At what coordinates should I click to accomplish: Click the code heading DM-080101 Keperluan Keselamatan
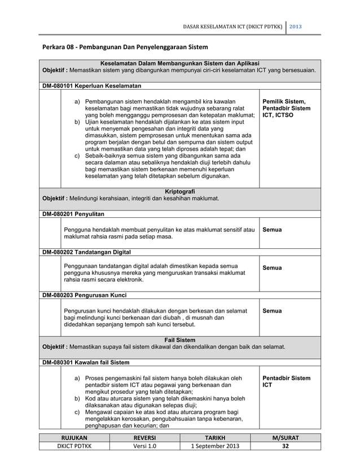(92, 85)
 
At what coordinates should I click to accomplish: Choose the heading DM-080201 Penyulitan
(73, 214)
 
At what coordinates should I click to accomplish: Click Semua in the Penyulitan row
(273, 230)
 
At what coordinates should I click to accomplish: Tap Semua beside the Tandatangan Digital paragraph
(273, 267)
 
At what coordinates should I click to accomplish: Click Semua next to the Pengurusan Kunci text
(273, 310)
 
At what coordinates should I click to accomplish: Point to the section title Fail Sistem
(179, 340)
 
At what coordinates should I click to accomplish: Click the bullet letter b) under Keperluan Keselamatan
(78, 122)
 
